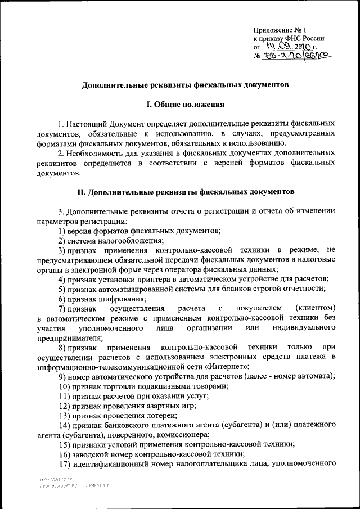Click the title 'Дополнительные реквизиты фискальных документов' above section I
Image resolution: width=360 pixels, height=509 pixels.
[x=185, y=85]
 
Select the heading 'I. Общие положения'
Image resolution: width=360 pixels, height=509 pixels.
[x=185, y=104]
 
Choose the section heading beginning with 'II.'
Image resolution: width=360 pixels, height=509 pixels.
[x=185, y=192]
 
